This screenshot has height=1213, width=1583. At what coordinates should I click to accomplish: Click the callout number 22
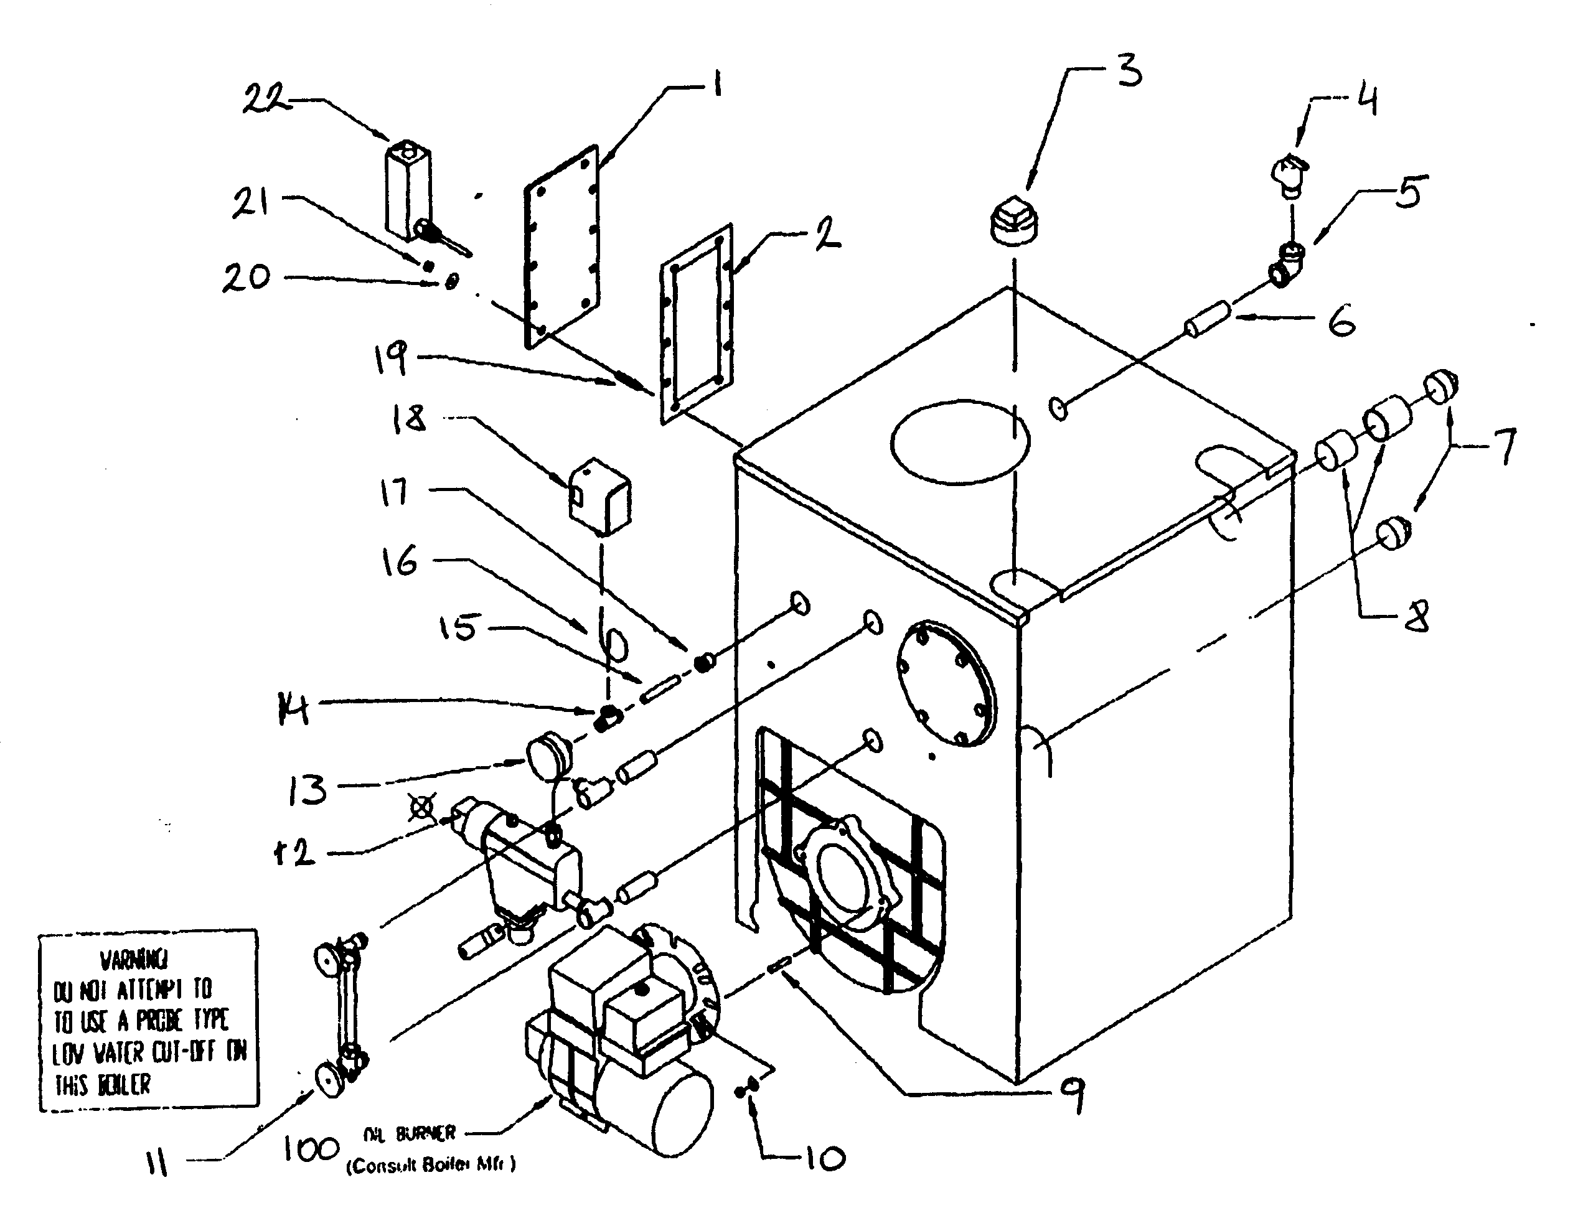265,99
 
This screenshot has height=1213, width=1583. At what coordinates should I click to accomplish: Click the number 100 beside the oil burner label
310,1150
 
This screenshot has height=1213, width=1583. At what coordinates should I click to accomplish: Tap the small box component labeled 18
599,496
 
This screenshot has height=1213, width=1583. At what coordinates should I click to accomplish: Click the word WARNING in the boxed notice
134,960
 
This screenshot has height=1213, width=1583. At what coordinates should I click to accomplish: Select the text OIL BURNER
410,1133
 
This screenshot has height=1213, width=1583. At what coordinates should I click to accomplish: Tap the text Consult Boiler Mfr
431,1164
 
